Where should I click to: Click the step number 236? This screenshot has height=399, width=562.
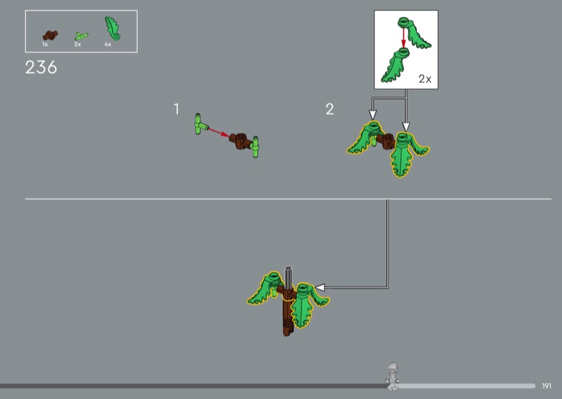(x=41, y=67)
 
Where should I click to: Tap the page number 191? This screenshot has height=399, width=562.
(x=547, y=386)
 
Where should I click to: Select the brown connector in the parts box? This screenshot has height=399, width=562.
(x=50, y=35)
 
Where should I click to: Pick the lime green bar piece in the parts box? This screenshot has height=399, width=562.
(x=81, y=36)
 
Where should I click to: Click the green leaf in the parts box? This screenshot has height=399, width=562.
(x=112, y=28)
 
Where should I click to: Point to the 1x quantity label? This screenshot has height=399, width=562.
(x=45, y=44)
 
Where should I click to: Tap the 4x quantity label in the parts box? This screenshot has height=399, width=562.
(x=108, y=44)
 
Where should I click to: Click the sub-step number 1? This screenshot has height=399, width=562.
(x=176, y=109)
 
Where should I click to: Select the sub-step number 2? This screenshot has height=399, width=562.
(x=329, y=109)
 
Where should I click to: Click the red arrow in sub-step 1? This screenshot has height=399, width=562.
(x=218, y=132)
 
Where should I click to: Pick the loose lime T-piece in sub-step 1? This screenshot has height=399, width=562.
(x=200, y=124)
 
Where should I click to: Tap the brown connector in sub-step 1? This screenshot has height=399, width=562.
(x=240, y=141)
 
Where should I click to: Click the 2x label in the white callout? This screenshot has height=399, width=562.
(x=425, y=79)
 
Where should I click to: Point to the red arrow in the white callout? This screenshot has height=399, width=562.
(x=403, y=38)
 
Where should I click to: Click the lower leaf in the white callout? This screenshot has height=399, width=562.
(x=394, y=65)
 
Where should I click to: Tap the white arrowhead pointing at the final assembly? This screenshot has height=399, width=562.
(x=320, y=287)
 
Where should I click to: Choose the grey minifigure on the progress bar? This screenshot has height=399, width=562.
(x=393, y=377)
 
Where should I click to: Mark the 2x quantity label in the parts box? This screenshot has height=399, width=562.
(x=77, y=44)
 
